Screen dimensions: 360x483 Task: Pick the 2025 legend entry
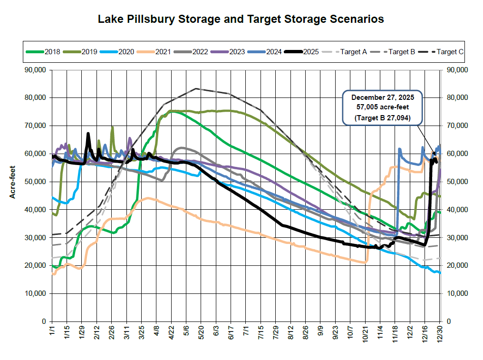click(310, 51)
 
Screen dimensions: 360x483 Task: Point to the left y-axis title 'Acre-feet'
click(14, 196)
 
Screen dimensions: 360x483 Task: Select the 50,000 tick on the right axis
click(457, 182)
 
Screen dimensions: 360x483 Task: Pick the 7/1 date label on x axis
click(246, 331)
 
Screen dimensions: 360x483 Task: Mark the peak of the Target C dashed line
click(196, 88)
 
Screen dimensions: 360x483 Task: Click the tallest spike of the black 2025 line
click(88, 134)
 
